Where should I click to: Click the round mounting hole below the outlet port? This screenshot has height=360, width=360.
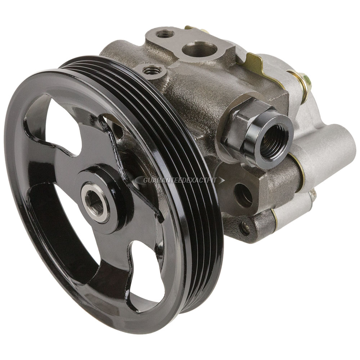[x=244, y=192]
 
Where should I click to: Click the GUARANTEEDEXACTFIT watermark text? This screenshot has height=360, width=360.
[x=180, y=180]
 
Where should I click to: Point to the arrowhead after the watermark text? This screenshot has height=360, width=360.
[x=221, y=180]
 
